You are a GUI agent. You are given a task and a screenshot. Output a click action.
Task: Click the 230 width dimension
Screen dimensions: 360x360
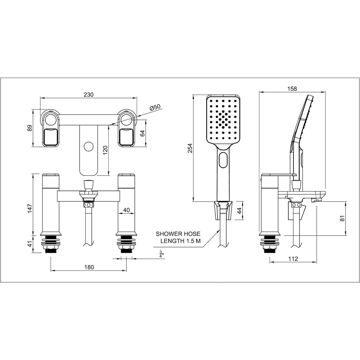[x=89, y=95]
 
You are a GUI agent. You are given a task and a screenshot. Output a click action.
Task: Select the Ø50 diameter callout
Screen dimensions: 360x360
[x=155, y=108]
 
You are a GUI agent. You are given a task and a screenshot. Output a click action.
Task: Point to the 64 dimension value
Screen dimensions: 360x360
[x=143, y=133]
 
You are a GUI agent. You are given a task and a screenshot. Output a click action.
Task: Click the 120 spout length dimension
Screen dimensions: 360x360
[x=105, y=150]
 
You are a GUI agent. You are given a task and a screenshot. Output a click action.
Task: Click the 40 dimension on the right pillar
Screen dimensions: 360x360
[x=127, y=210]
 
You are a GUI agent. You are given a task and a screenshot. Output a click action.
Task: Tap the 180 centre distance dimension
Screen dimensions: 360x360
[x=89, y=267]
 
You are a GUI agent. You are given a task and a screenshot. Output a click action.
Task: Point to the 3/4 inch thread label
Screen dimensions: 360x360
[x=162, y=254]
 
